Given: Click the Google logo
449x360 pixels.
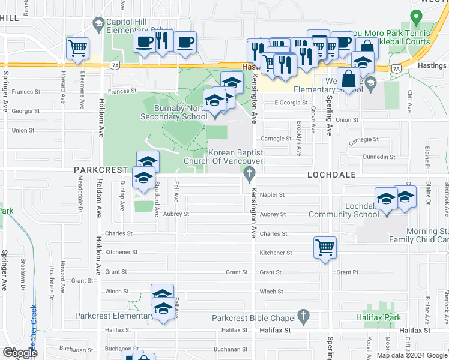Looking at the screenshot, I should tap(19, 353).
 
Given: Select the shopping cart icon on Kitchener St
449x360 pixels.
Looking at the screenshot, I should tap(325, 247).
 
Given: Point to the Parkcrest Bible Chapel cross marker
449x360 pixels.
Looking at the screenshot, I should tap(304, 316).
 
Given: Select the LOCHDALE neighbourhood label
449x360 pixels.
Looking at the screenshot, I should tap(331, 175).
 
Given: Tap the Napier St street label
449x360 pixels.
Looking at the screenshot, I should tap(271, 195).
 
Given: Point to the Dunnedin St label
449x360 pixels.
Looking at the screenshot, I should tap(379, 157).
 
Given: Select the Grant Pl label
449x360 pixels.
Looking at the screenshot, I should tap(348, 272).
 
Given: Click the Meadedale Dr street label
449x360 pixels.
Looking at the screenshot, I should tap(80, 195).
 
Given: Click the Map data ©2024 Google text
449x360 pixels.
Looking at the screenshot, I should tap(412, 355).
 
